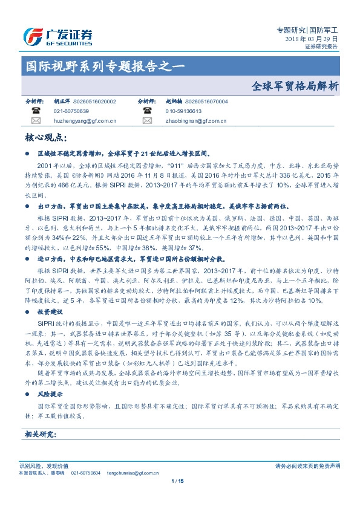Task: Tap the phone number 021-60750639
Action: pos(71,112)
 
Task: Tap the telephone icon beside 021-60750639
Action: pos(36,112)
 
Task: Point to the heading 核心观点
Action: pos(43,138)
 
